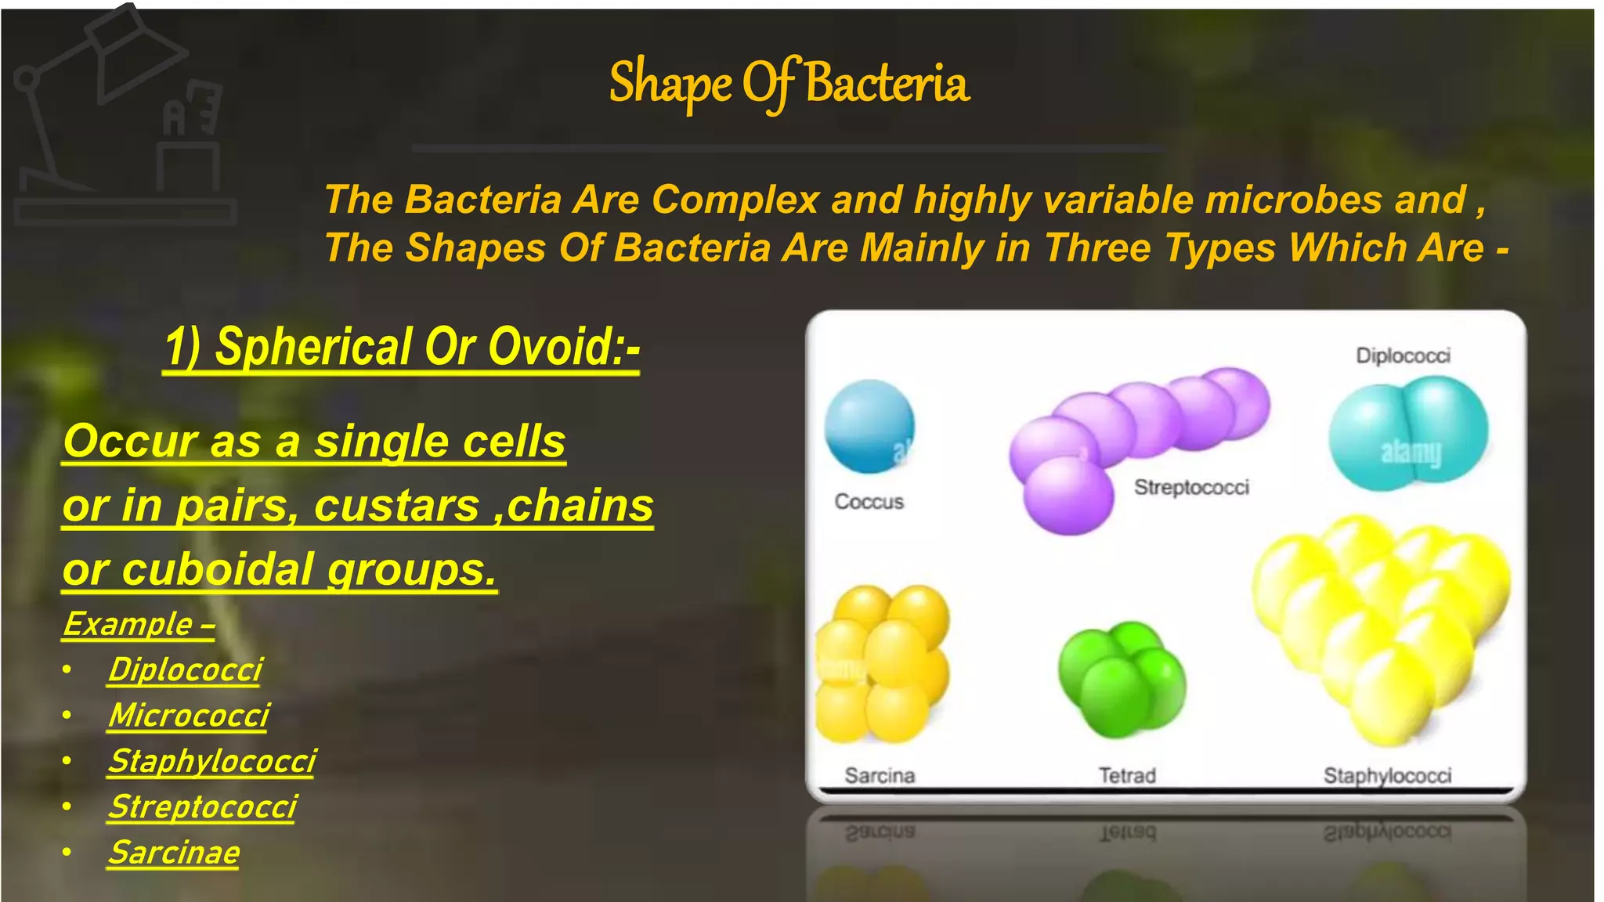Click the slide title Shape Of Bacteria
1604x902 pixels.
(789, 83)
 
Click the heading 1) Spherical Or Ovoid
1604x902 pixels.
(402, 347)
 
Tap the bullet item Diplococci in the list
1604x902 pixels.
(185, 670)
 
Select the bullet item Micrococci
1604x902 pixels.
(189, 716)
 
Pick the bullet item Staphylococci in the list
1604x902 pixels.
(211, 761)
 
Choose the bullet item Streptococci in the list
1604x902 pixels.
(202, 807)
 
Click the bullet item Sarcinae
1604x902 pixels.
(174, 853)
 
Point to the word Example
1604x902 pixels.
(128, 625)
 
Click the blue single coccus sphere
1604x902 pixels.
(869, 426)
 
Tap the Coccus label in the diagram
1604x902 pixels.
(869, 502)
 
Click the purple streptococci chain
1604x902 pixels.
(1136, 438)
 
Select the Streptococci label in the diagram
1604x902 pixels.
(1191, 488)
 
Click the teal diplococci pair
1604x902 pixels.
(1407, 433)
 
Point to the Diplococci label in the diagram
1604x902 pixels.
(1403, 356)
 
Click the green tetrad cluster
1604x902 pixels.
(1122, 679)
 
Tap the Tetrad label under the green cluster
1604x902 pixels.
(1126, 776)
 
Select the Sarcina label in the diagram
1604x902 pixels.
(880, 776)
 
